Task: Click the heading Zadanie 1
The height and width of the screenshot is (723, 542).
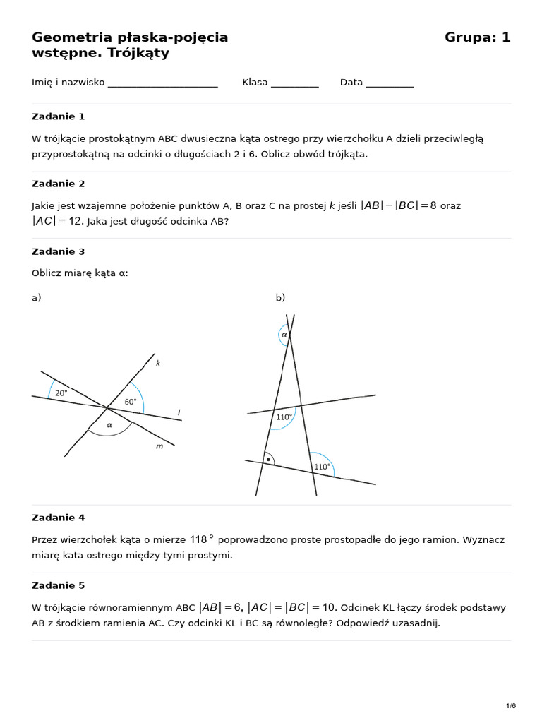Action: coord(58,116)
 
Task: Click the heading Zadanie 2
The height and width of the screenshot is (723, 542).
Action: coord(58,184)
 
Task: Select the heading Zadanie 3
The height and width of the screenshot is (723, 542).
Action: coord(58,251)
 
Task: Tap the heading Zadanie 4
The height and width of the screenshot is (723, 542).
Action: coord(58,518)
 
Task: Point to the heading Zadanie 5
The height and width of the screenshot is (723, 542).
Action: coord(58,585)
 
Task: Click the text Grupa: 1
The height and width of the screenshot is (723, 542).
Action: coord(477,37)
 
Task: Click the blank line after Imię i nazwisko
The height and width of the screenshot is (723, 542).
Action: coord(163,83)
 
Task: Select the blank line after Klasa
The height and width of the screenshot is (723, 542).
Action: coord(294,83)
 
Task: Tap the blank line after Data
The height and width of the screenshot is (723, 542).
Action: coord(390,83)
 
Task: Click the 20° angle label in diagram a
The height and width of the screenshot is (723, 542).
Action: coord(61,393)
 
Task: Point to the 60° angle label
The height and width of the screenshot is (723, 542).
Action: coord(131,402)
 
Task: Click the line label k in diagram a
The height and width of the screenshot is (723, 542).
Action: coord(158,363)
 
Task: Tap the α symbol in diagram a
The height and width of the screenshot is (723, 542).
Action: coord(109,425)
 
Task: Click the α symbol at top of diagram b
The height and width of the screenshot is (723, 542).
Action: coord(284,335)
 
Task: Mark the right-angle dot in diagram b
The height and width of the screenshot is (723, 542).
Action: coord(268,460)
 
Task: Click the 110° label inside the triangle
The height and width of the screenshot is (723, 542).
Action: coord(284,417)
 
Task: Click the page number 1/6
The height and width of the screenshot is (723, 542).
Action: coord(511,706)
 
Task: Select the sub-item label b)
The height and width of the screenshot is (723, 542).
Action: coord(280,298)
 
